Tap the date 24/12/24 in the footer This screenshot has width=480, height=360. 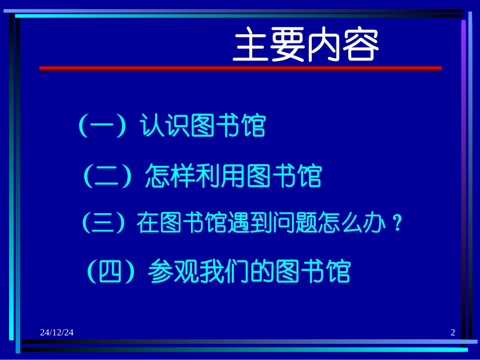(x=57, y=332)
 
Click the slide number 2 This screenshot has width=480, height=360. (x=452, y=332)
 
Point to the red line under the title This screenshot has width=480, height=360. (x=240, y=69)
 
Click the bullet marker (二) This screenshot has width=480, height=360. (x=107, y=176)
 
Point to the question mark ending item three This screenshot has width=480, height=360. (x=398, y=223)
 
